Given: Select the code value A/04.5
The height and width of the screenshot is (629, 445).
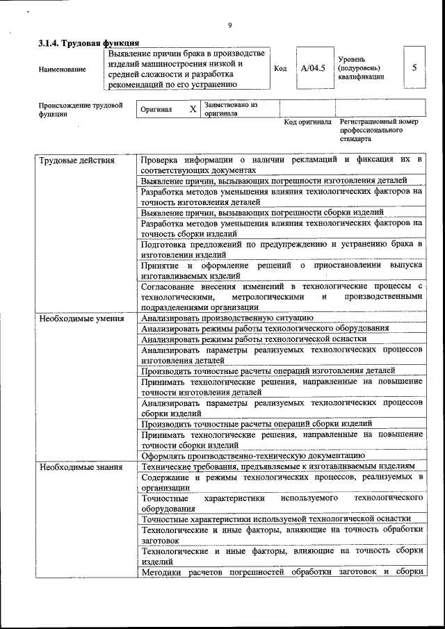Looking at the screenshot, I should [313, 68].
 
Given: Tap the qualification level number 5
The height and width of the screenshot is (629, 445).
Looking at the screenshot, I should [414, 68].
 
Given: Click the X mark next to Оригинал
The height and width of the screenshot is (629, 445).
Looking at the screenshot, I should [193, 110].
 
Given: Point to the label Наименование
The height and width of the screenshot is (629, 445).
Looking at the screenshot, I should [63, 69].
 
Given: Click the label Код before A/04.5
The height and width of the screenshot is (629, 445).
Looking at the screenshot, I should [280, 69].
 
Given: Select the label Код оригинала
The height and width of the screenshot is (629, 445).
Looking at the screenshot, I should [308, 122].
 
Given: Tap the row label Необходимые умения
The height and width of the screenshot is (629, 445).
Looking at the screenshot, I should [81, 318].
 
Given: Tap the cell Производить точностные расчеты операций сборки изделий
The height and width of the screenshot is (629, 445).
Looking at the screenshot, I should [257, 423].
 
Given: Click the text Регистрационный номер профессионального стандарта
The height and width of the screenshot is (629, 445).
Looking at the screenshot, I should [379, 130].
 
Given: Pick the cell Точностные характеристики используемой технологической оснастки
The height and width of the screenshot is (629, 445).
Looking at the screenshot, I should [275, 518].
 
